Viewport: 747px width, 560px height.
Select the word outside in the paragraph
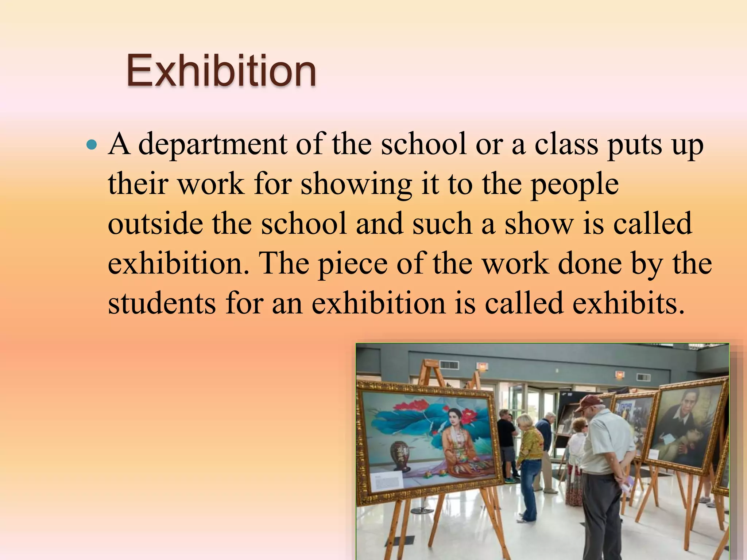tap(155, 224)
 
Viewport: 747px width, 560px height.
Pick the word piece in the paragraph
tap(352, 264)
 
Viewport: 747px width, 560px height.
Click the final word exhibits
tap(627, 303)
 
